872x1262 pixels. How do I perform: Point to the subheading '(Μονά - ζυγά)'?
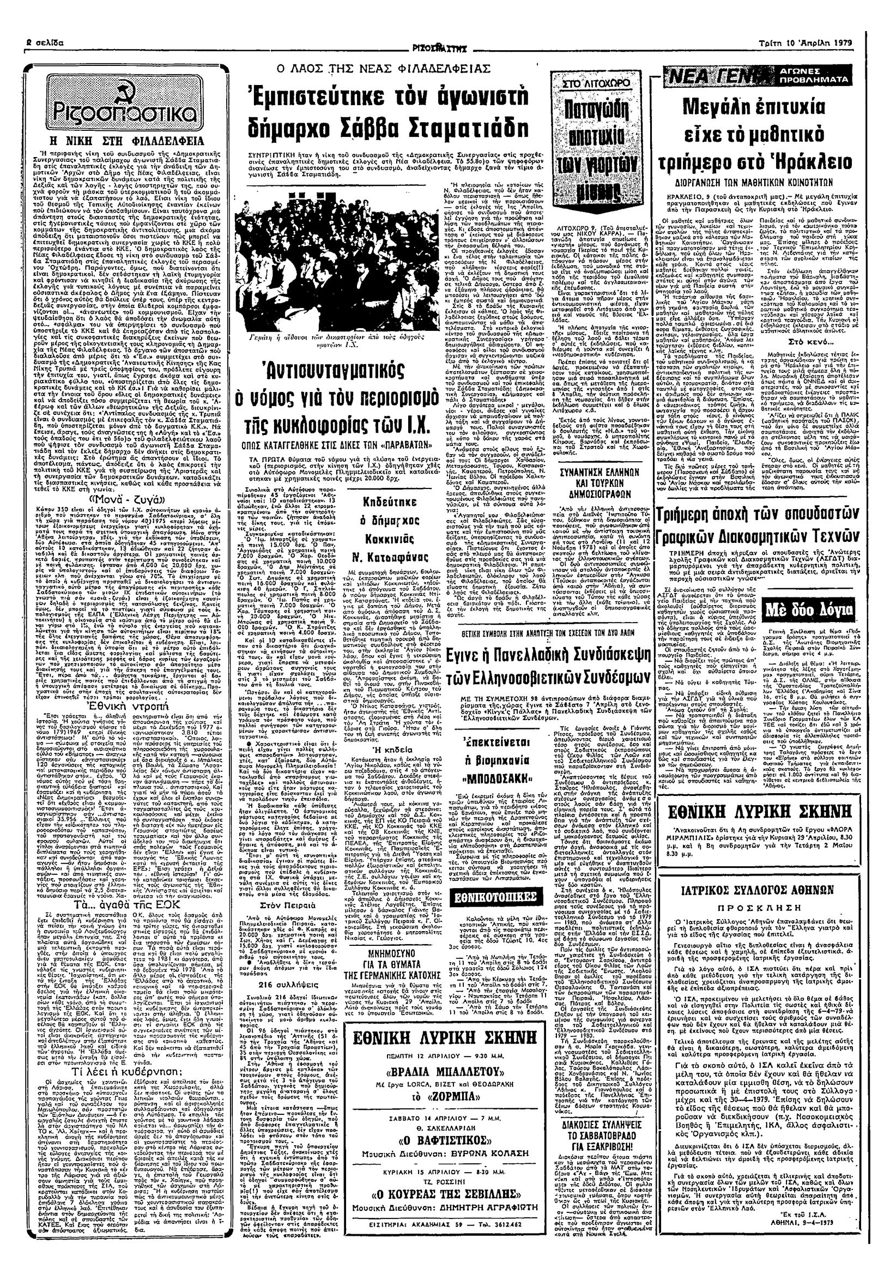pos(120,499)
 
